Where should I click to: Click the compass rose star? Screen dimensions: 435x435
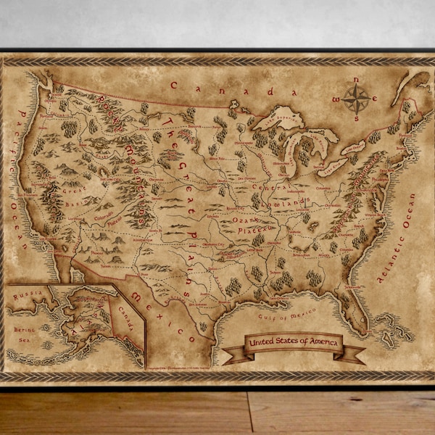356,97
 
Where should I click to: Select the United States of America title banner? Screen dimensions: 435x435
293,343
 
